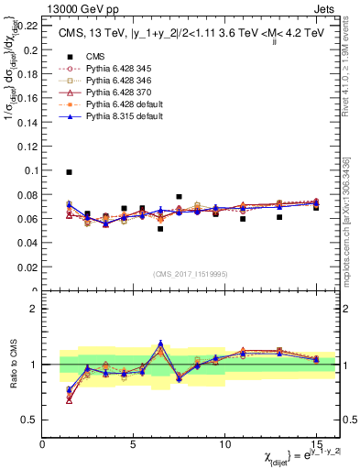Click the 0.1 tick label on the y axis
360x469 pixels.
coord(30,170)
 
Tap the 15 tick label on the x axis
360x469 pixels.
coord(316,442)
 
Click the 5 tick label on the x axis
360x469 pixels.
coord(134,442)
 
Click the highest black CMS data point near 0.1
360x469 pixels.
coord(70,172)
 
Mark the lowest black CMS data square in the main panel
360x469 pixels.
coord(160,229)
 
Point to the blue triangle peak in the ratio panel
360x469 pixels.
coord(160,343)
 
